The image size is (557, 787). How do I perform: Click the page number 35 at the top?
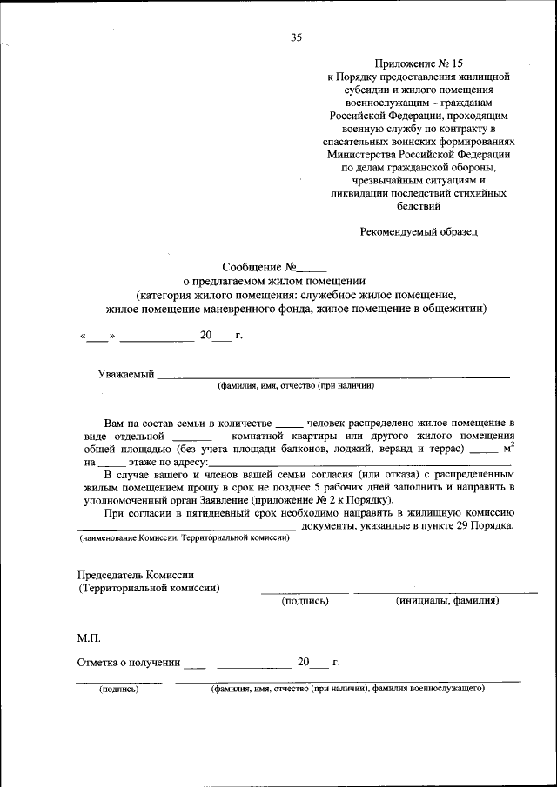tap(296, 37)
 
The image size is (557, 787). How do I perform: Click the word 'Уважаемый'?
tap(125, 374)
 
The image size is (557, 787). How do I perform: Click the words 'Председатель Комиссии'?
tap(136, 575)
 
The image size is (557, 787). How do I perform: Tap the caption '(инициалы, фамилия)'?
tap(446, 600)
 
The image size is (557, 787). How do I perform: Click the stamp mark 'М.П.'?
tap(89, 638)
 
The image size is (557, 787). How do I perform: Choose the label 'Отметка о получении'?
tap(129, 663)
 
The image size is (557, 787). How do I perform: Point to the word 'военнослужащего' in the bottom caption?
tap(446, 688)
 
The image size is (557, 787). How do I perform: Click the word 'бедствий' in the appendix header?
tap(418, 207)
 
